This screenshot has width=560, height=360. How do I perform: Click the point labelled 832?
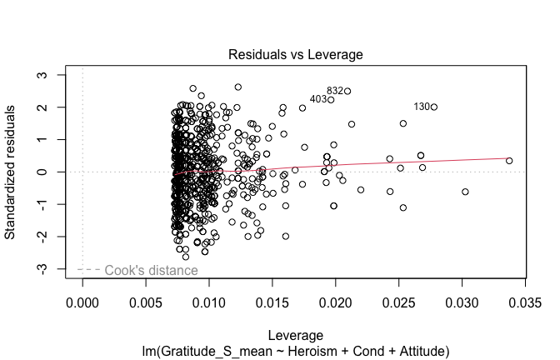click(347, 91)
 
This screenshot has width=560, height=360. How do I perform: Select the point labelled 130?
click(434, 107)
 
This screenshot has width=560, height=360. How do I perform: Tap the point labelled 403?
click(331, 100)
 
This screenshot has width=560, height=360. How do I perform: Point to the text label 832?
click(335, 91)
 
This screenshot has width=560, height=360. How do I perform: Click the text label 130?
click(422, 107)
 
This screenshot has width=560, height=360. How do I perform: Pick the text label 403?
click(317, 99)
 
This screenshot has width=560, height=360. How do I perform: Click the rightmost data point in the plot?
click(509, 161)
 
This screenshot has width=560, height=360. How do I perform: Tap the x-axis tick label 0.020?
click(335, 298)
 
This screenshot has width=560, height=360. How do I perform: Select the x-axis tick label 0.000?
click(82, 298)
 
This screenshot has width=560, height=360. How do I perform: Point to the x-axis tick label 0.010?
click(209, 298)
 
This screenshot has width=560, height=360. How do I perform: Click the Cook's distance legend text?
click(151, 270)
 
